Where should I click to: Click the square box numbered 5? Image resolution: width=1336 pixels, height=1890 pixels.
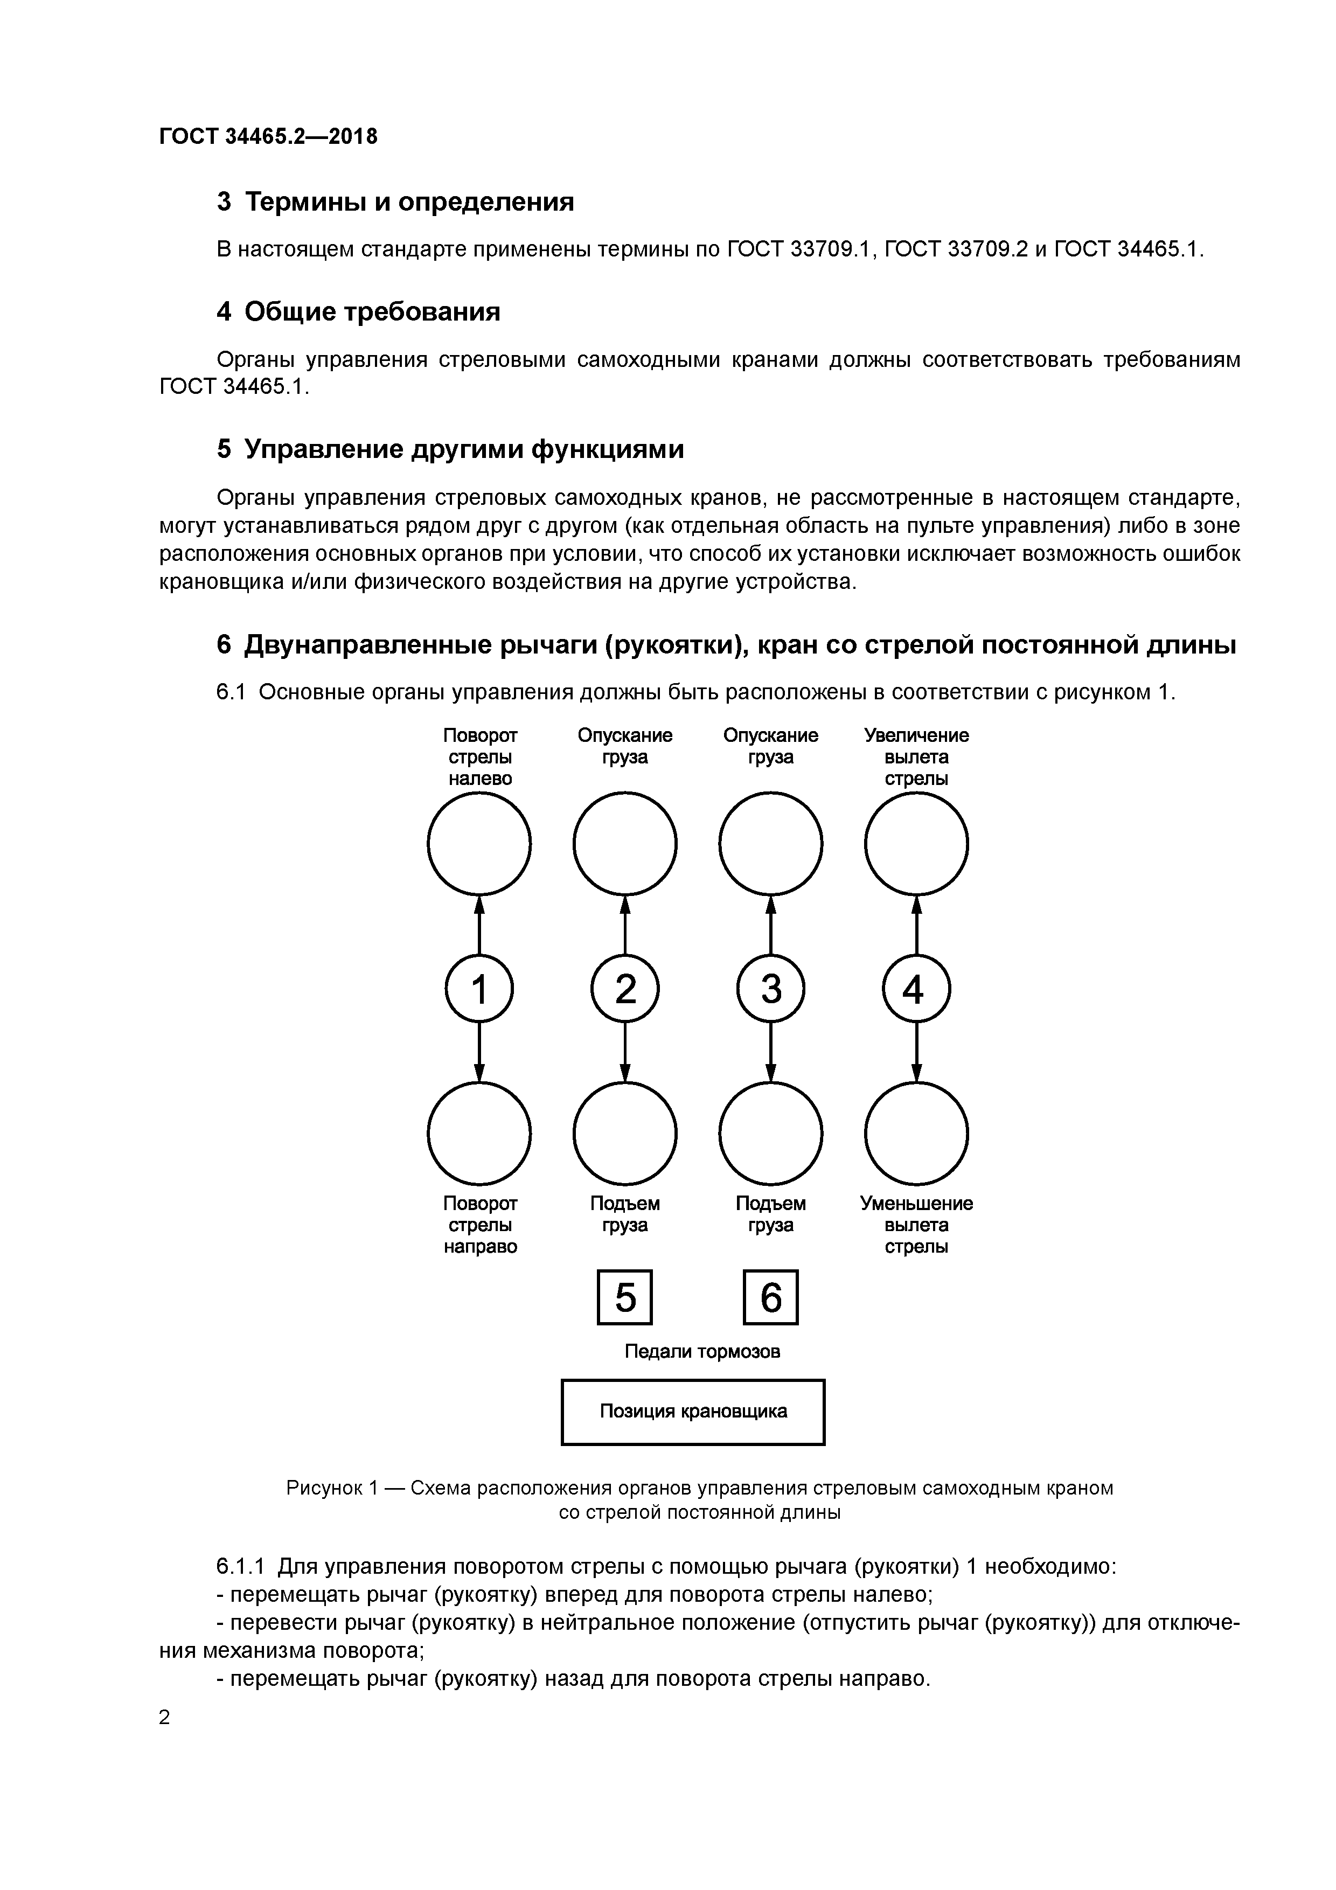[625, 1298]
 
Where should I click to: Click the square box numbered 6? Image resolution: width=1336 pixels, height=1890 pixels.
[770, 1298]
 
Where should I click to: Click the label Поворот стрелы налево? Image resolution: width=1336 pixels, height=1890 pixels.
[480, 756]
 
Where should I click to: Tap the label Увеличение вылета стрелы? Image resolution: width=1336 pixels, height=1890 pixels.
[916, 756]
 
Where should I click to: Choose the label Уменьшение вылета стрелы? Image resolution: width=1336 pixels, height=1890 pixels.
[916, 1225]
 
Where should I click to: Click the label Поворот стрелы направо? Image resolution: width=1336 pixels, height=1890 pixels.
[480, 1225]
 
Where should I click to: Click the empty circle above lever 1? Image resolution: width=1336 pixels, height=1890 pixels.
[479, 844]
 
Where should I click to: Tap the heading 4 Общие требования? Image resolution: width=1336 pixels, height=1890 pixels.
[358, 312]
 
